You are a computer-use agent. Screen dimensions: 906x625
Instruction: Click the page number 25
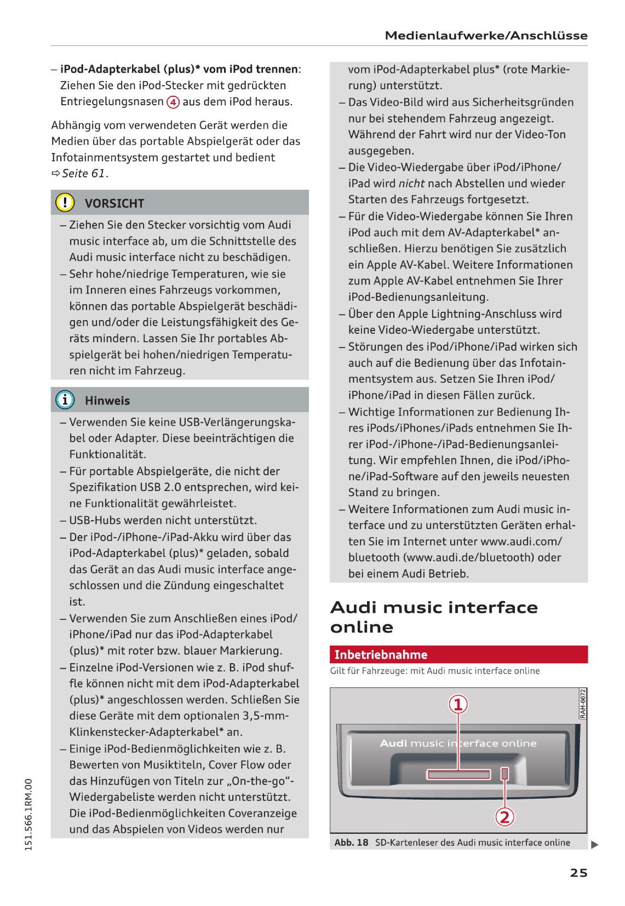(x=578, y=873)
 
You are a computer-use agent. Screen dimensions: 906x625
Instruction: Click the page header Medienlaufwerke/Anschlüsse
(x=486, y=36)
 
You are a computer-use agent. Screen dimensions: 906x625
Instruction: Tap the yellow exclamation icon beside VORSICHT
(x=65, y=203)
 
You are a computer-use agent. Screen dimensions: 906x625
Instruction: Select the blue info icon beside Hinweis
(x=65, y=400)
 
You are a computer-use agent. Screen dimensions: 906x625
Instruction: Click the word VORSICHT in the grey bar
(x=114, y=203)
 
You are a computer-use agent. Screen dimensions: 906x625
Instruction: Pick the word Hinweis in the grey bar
(x=107, y=401)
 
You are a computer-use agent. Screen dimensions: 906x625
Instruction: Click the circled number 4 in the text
(x=173, y=102)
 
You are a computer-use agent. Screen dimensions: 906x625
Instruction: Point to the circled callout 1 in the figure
(x=458, y=704)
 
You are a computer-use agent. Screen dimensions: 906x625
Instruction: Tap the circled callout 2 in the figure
(x=504, y=817)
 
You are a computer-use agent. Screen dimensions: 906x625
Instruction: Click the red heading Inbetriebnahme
(x=381, y=654)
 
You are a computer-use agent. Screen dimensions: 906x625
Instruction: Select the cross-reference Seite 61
(x=83, y=173)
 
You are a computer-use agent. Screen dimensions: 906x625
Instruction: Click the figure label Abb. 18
(x=351, y=842)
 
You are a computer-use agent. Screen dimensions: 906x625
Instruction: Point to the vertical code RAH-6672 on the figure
(x=582, y=704)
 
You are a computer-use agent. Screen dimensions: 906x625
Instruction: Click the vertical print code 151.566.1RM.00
(x=29, y=814)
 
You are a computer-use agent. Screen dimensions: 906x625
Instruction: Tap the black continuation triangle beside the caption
(x=595, y=845)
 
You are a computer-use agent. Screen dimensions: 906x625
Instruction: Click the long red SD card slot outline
(x=458, y=774)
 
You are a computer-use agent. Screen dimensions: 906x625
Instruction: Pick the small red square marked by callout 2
(x=505, y=773)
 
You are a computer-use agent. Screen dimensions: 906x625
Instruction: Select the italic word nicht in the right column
(x=411, y=183)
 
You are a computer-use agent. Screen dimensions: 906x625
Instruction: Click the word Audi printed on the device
(x=393, y=743)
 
